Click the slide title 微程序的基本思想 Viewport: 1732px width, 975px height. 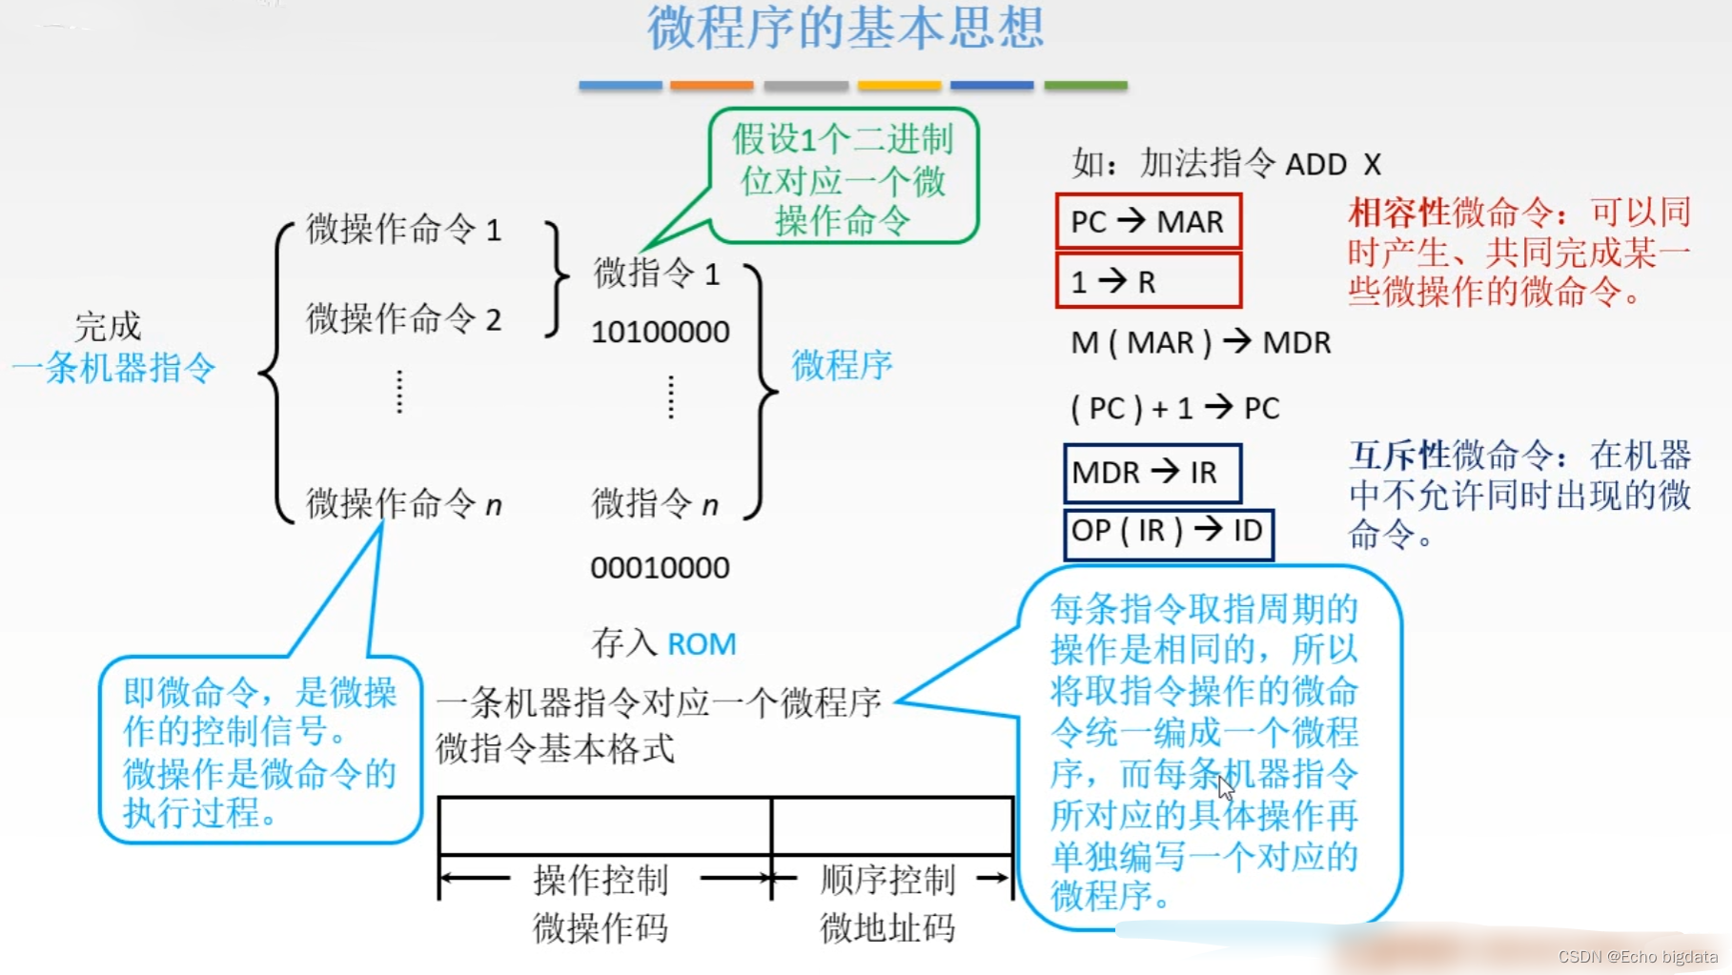pos(846,27)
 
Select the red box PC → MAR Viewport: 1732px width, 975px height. pos(1148,222)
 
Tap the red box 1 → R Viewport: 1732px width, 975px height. pos(1148,281)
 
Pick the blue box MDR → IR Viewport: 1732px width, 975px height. pos(1151,473)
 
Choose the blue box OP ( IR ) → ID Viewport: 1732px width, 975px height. pos(1168,531)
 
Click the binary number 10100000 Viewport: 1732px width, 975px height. pos(660,332)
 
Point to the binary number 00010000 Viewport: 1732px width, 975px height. pos(660,568)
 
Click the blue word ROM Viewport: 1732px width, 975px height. pos(702,644)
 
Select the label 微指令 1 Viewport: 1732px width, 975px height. pos(656,274)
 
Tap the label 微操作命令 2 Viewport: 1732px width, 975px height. pos(403,318)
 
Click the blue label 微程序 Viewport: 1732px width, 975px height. pos(842,364)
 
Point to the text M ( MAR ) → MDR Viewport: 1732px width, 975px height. pos(1200,342)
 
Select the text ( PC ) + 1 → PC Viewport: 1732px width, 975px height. pos(1174,409)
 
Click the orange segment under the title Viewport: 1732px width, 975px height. pos(711,86)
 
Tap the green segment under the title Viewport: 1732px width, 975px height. pos(1085,86)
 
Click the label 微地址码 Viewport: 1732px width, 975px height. pos(886,927)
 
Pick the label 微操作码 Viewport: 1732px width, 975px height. pos(600,927)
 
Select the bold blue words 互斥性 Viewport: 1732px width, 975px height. pos(1398,456)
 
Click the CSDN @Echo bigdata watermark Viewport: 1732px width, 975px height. pos(1638,957)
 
